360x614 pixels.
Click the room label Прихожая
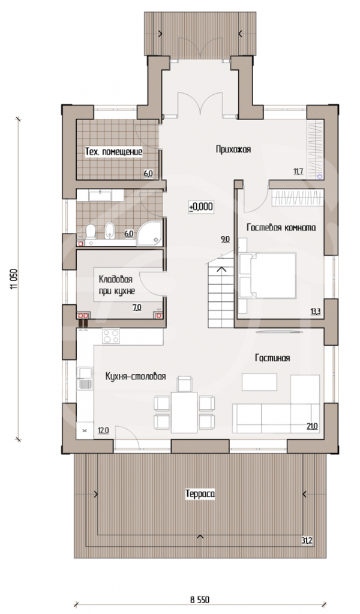[x=233, y=149]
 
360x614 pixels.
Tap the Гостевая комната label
[x=281, y=227]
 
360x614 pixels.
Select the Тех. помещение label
[x=113, y=152]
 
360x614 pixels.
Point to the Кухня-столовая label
[x=136, y=377]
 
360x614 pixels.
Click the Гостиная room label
[x=272, y=358]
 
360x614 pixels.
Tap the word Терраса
[x=200, y=495]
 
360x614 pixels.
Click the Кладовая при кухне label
[x=116, y=285]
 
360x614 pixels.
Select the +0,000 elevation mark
[x=201, y=206]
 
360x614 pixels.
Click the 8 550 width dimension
[x=200, y=600]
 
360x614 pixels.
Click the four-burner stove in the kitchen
[x=112, y=337]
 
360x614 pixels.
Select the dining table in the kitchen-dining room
[x=185, y=411]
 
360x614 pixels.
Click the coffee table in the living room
[x=259, y=382]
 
